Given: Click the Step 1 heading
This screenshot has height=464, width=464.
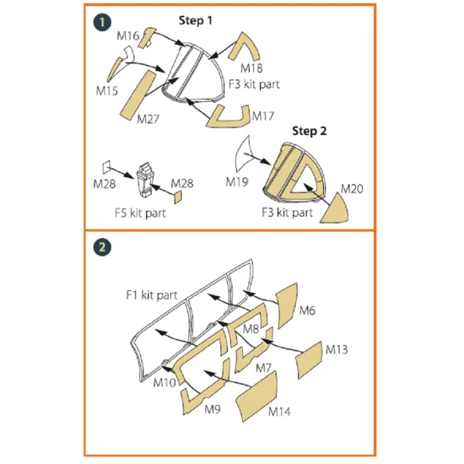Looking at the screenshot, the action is click(x=196, y=20).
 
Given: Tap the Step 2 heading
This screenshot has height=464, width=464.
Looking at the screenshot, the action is click(x=310, y=131).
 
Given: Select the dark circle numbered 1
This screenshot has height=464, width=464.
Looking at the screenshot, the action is click(x=102, y=23).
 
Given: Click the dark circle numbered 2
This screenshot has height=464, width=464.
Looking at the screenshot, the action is click(x=102, y=247).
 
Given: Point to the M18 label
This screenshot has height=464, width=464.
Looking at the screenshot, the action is click(x=251, y=68).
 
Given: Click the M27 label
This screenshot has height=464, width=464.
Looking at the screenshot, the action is click(x=148, y=119).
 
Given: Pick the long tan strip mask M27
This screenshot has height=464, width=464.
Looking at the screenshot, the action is click(x=138, y=95).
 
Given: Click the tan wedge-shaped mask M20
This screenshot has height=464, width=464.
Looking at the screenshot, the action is click(x=336, y=210).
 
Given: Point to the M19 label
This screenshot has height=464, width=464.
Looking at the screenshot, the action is click(x=237, y=181).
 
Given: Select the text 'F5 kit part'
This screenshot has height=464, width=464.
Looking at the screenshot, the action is click(x=140, y=213).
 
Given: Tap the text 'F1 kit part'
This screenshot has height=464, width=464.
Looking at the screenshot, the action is click(x=152, y=295).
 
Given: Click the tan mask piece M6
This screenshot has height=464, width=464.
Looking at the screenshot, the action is click(x=287, y=305).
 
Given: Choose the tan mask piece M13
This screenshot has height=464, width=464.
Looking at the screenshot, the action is click(x=310, y=359).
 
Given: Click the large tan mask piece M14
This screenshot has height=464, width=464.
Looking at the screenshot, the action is click(x=256, y=397).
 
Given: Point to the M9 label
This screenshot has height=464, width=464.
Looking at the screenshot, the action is click(x=213, y=409).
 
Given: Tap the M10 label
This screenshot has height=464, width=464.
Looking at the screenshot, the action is click(x=165, y=383).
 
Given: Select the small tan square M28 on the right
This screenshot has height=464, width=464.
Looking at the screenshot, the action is click(x=178, y=197).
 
